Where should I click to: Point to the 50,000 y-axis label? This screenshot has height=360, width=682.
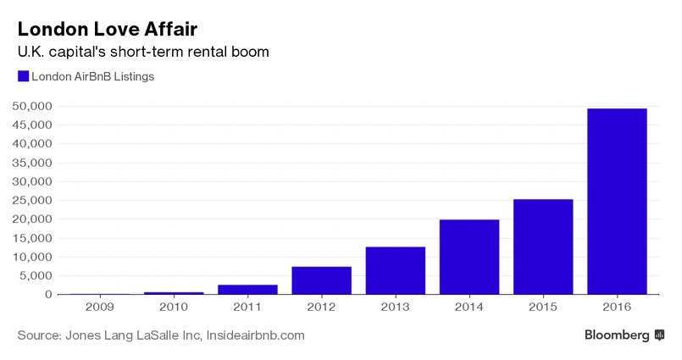pos(33,107)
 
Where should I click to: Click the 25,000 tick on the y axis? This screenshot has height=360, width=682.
pos(33,201)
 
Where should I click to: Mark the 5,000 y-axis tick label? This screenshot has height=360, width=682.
pos(36,276)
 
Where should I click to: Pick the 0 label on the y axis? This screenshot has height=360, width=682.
pos(49,295)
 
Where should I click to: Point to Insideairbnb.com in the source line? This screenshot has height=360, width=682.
pos(254,335)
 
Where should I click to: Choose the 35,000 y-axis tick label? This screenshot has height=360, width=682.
pos(33,163)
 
